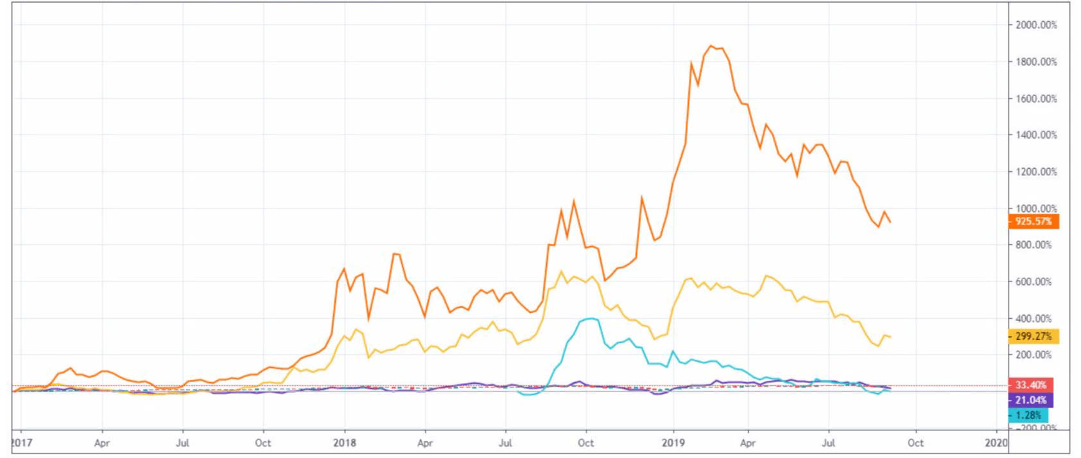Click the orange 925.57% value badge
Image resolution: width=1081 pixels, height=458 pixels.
click(1033, 222)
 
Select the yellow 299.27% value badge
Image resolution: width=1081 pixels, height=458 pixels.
click(1033, 336)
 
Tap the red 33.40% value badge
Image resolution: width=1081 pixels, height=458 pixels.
click(1030, 385)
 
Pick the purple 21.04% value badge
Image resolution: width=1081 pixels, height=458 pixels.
click(1030, 400)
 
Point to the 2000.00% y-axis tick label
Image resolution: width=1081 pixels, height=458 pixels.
click(1035, 25)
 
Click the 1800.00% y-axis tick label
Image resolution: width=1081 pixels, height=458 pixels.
click(1035, 62)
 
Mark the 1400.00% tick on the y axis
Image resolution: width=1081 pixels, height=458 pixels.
click(1035, 135)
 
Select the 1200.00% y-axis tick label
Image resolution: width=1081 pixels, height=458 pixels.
click(1035, 172)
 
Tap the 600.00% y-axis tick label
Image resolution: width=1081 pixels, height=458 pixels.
click(1033, 282)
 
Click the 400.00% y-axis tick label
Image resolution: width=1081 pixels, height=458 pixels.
click(1033, 319)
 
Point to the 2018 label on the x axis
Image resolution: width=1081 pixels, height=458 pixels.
click(345, 443)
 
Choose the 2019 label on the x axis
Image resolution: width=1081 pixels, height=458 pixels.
click(673, 443)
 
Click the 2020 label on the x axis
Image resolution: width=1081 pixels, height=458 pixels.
click(996, 443)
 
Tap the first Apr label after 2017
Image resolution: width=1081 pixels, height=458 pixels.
click(101, 443)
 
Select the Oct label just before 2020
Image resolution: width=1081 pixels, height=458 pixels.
click(915, 443)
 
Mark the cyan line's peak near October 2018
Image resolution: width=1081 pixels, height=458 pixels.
click(589, 318)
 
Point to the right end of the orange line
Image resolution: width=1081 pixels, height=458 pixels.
click(890, 222)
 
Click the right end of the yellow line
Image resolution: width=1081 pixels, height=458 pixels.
click(890, 337)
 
